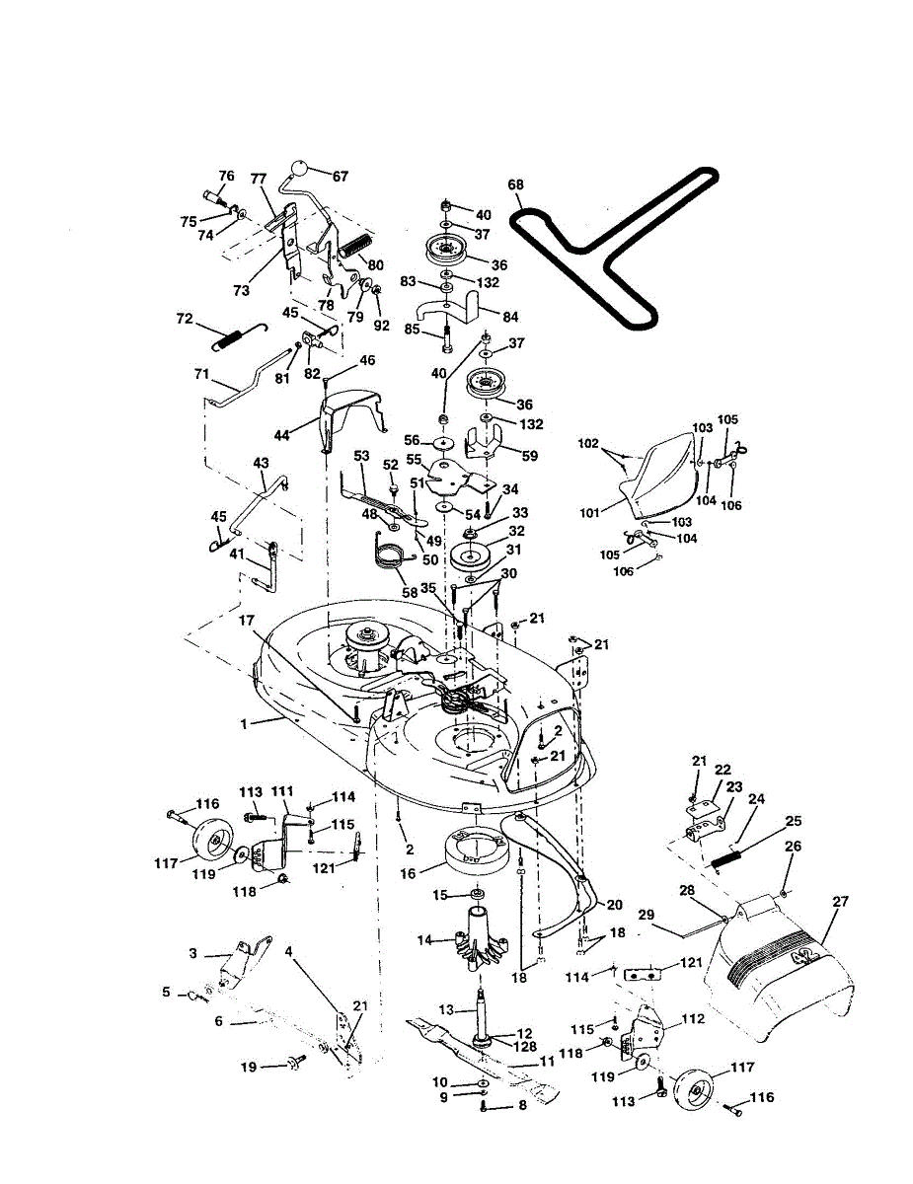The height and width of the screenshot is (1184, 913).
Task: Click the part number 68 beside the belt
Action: (515, 185)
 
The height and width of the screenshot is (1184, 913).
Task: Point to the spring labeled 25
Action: (727, 853)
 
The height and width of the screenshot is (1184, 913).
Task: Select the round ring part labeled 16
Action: (477, 851)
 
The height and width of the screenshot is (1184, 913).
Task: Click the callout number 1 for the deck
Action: (243, 723)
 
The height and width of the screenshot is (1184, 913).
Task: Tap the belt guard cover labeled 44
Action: (350, 407)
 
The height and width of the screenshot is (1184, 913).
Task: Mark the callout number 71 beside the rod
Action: (202, 375)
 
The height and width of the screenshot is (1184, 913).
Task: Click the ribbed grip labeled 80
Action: (354, 245)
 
